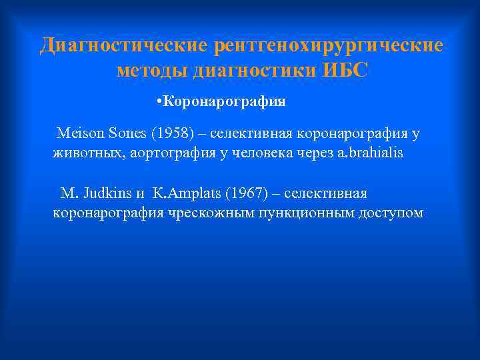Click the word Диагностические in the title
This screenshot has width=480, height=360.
click(x=124, y=46)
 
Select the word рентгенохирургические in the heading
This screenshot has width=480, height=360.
click(x=328, y=46)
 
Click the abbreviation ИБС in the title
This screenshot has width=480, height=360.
click(x=345, y=70)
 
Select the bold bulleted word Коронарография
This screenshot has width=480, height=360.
click(x=225, y=102)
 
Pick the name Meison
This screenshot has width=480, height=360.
click(x=79, y=133)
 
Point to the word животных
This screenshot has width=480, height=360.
click(x=84, y=153)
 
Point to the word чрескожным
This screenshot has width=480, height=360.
click(x=207, y=213)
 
